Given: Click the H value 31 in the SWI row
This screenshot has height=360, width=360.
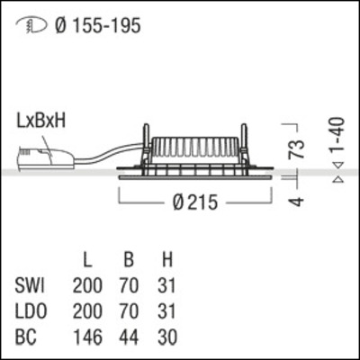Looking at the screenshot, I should coord(164,287).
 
